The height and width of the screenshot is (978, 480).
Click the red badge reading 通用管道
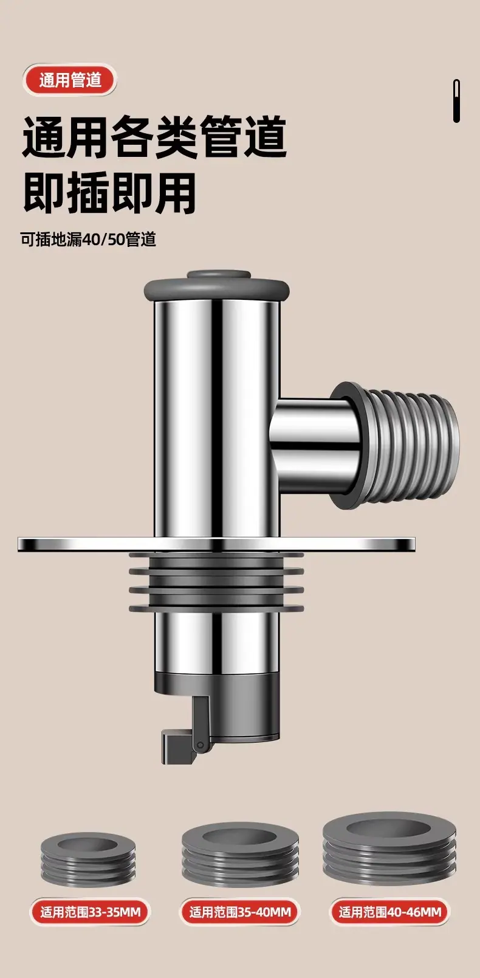[x=70, y=80]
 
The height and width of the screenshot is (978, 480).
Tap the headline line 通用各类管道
[x=154, y=136]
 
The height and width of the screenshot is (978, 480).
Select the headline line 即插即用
[x=109, y=193]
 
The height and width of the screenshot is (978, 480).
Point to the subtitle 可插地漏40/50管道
[x=88, y=239]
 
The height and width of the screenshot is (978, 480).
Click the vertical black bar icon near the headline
[x=456, y=101]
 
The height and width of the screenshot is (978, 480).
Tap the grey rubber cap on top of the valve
[x=216, y=286]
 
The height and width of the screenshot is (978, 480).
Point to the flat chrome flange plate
[x=216, y=544]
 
